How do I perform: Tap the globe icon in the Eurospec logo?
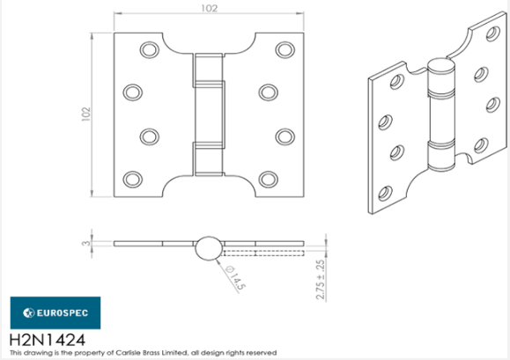coord(26,312)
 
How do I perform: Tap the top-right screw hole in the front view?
coord(282,51)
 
